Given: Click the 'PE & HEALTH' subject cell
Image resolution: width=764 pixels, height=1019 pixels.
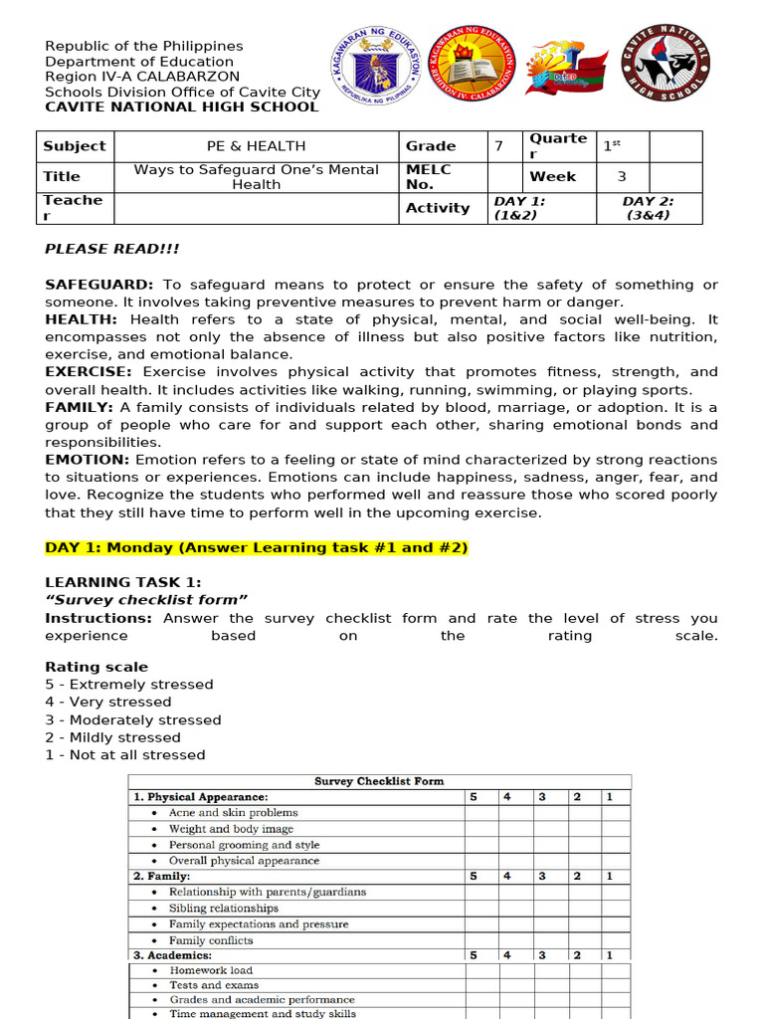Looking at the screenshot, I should [x=257, y=146].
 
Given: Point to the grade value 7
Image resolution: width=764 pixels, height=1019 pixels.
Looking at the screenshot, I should [x=498, y=146].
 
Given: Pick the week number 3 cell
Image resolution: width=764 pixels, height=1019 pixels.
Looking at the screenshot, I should [x=622, y=177].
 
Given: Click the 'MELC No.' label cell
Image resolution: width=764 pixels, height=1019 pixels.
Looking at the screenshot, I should [x=429, y=177].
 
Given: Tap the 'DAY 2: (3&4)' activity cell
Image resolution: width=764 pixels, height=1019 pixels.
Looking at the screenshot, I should [x=649, y=208].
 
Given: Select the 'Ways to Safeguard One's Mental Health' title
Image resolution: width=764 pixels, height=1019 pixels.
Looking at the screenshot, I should [x=257, y=177].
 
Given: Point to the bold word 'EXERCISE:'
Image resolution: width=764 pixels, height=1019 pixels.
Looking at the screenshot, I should [x=89, y=372].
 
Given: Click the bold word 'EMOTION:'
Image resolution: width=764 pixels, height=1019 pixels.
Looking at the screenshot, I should [x=88, y=460].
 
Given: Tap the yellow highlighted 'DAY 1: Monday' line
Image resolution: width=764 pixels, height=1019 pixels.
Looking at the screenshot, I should [x=256, y=548].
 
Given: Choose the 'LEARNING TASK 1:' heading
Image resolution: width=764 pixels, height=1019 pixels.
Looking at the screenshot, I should [x=123, y=582].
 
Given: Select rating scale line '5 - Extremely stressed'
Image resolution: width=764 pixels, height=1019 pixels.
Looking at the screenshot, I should [x=129, y=685].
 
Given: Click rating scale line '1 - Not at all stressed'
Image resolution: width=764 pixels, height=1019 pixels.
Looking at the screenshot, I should [x=125, y=755].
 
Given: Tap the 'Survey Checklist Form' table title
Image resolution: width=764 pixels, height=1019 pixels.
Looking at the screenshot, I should [x=379, y=782].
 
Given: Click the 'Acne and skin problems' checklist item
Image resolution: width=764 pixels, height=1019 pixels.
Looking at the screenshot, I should [x=233, y=813].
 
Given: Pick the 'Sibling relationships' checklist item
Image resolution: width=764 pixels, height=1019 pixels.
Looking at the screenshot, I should [x=223, y=909].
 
